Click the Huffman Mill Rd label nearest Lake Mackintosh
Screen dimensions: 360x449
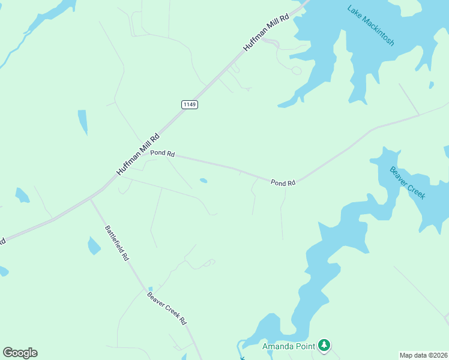pos(266,32)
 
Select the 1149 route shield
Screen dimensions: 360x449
pos(190,104)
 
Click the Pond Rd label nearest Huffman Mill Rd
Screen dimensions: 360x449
pos(162,154)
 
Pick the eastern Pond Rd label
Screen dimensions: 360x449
pos(283,182)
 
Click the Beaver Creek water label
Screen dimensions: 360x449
pos(408,183)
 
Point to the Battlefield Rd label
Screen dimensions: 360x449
pos(117,242)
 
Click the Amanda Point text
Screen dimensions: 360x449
pos(289,346)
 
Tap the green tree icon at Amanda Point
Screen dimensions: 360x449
pos(324,345)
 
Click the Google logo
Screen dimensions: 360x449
pos(20,353)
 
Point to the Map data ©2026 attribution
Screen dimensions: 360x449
pos(424,355)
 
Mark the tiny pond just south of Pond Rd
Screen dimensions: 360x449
pos(203,180)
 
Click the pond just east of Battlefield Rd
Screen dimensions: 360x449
pos(94,245)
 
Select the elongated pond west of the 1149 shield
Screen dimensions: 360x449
pos(82,122)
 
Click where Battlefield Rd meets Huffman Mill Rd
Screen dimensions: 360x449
pos(90,199)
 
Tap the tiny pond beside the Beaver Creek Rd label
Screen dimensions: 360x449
pos(150,289)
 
